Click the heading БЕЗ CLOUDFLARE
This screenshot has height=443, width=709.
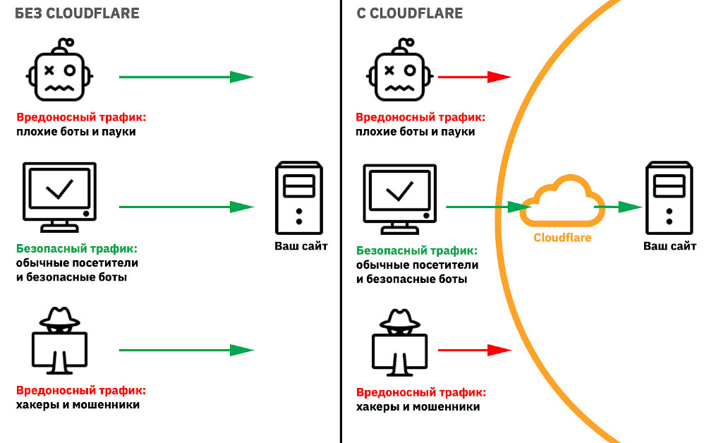coord(77,13)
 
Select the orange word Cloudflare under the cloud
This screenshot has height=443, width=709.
coord(562,238)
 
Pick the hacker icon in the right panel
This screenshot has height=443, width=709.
coord(400,341)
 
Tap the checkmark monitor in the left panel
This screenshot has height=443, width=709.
coord(59,195)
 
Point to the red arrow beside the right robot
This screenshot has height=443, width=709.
coord(474,77)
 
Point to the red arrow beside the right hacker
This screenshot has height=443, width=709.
coord(474,349)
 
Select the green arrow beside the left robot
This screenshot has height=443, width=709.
coord(186,77)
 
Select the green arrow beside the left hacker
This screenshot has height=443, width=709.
coord(186,349)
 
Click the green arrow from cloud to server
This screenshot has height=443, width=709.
coord(619,207)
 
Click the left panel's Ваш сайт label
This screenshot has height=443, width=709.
coord(301,246)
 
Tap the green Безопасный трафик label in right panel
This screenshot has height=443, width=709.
coord(416,250)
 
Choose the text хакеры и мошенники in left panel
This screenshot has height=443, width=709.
coord(78,405)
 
